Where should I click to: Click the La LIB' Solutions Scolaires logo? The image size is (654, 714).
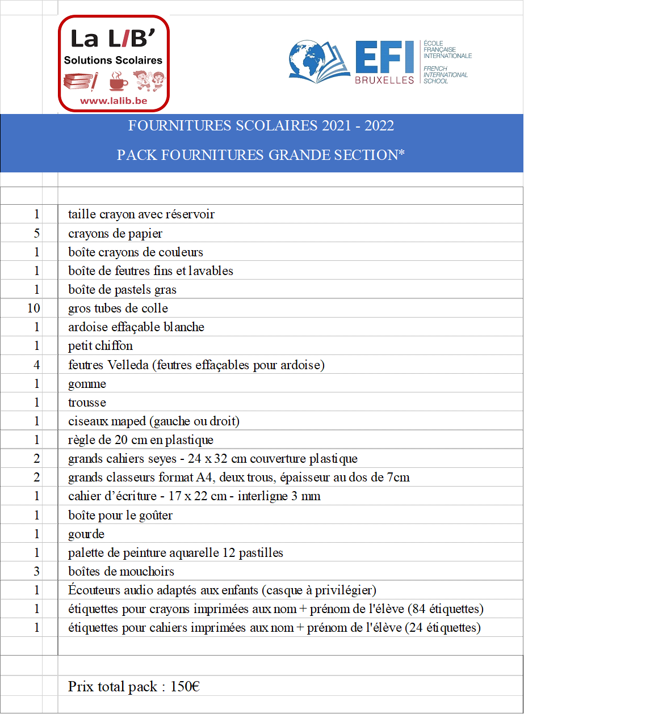pyautogui.click(x=114, y=63)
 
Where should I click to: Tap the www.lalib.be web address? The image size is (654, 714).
pyautogui.click(x=114, y=101)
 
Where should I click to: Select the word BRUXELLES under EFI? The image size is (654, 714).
pyautogui.click(x=384, y=81)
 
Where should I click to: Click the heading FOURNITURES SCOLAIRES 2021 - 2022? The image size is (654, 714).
pyautogui.click(x=261, y=125)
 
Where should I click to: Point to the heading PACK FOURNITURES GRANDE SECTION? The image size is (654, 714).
pyautogui.click(x=261, y=155)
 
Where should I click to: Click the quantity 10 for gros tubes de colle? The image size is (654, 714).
pyautogui.click(x=33, y=308)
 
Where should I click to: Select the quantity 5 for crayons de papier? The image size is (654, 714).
pyautogui.click(x=37, y=233)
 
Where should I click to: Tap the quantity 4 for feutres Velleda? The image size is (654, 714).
pyautogui.click(x=37, y=365)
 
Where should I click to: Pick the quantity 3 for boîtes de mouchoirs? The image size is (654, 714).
pyautogui.click(x=37, y=571)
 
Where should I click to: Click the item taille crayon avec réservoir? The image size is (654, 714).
pyautogui.click(x=141, y=214)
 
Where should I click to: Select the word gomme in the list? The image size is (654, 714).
pyautogui.click(x=87, y=384)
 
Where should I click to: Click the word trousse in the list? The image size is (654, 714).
pyautogui.click(x=87, y=402)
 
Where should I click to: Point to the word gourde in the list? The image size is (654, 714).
pyautogui.click(x=86, y=534)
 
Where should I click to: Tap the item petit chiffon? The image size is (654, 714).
pyautogui.click(x=100, y=345)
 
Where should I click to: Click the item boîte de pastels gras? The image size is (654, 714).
pyautogui.click(x=122, y=289)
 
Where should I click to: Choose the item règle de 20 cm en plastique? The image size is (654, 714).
pyautogui.click(x=141, y=440)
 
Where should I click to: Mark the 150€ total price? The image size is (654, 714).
pyautogui.click(x=185, y=686)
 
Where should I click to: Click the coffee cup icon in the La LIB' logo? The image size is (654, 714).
pyautogui.click(x=118, y=81)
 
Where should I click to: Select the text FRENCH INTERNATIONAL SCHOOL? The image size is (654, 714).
pyautogui.click(x=445, y=75)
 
